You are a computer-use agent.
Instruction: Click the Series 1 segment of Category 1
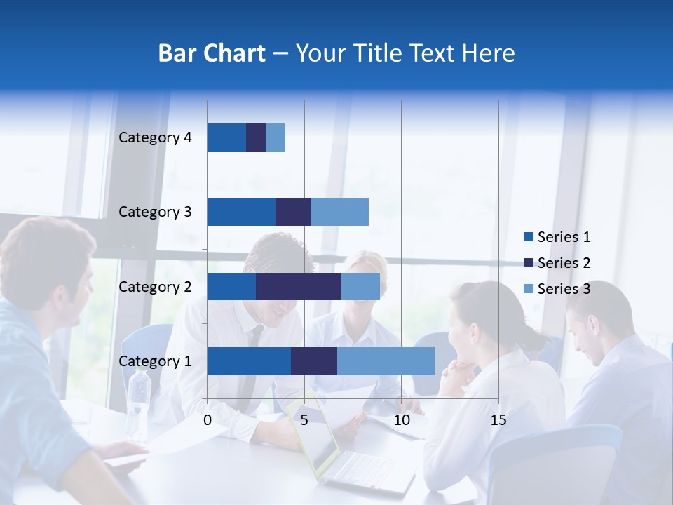click(249, 361)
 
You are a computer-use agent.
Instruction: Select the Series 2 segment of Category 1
click(314, 361)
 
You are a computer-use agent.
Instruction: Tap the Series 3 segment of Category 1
click(386, 361)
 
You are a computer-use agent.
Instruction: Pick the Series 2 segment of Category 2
click(299, 286)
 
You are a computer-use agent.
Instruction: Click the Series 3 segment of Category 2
click(360, 286)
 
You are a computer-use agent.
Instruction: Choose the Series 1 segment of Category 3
click(241, 212)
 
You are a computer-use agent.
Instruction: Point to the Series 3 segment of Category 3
click(339, 212)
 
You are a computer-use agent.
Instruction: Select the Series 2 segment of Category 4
click(256, 137)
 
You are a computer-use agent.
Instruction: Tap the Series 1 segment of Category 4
click(226, 137)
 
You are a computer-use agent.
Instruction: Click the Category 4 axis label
click(155, 137)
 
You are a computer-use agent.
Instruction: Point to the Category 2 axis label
click(155, 286)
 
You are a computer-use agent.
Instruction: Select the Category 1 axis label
click(155, 361)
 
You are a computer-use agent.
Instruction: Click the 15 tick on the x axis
click(498, 420)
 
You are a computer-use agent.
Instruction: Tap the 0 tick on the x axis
click(208, 420)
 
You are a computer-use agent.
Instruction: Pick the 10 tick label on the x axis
click(401, 420)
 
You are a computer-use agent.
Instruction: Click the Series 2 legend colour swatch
click(529, 263)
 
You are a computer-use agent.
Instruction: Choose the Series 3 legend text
click(564, 289)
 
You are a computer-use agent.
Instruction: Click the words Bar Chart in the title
click(212, 53)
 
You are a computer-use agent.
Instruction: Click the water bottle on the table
click(139, 400)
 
